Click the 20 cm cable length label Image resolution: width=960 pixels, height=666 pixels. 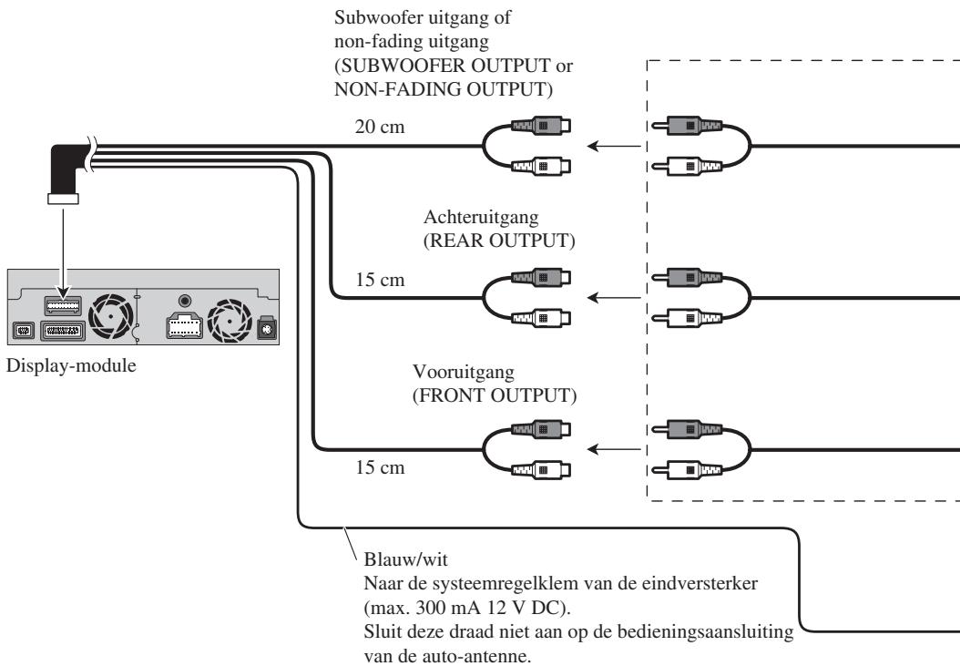click(380, 127)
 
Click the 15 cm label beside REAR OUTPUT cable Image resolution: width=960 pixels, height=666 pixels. click(380, 280)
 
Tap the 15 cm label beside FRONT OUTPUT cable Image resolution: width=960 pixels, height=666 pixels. click(380, 467)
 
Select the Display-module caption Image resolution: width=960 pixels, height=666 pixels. click(71, 365)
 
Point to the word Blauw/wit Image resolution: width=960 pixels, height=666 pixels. click(406, 558)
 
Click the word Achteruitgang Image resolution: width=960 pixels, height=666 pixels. click(481, 217)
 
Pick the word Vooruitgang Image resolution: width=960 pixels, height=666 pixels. click(464, 372)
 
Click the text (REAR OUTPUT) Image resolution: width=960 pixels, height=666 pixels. click(500, 241)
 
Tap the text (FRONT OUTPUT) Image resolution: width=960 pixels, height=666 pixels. click(495, 395)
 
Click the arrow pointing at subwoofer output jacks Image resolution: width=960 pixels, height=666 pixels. click(614, 147)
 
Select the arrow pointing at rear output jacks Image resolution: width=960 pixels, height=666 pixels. click(614, 298)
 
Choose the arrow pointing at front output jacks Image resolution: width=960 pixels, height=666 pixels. click(614, 449)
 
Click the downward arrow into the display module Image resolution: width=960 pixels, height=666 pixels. click(63, 253)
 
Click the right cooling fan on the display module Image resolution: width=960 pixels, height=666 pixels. click(230, 321)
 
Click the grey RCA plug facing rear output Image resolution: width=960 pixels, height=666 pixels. click(687, 278)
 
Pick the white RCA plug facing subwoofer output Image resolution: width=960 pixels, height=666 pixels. click(687, 166)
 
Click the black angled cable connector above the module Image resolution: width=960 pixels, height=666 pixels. click(66, 172)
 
